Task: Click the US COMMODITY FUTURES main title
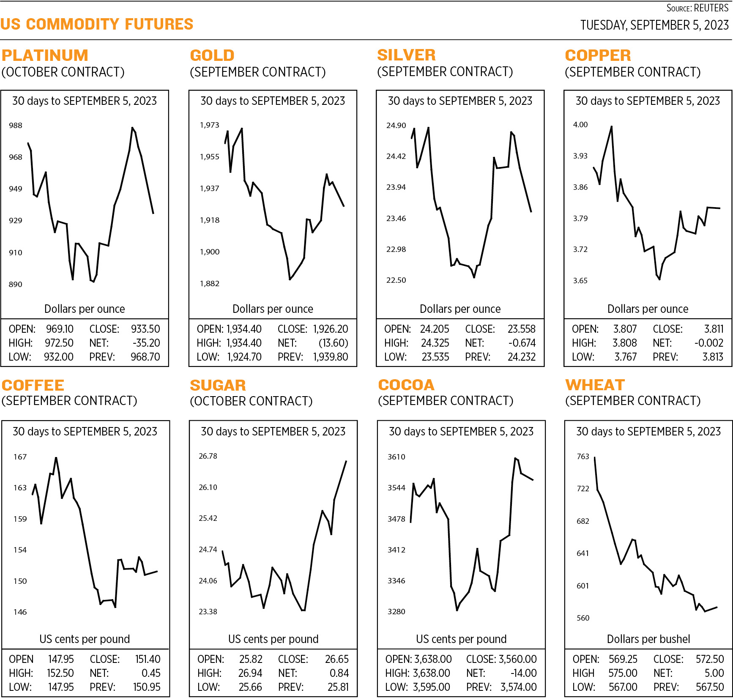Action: coord(97,24)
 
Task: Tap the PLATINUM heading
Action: coord(45,55)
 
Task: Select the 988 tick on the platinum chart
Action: coord(16,126)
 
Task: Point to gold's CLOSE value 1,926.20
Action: coord(330,329)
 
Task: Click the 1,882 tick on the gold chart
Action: coord(209,284)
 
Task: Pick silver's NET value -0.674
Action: coord(522,343)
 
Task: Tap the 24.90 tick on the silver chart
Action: coord(396,126)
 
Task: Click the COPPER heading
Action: coord(598,55)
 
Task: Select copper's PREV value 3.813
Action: coord(713,357)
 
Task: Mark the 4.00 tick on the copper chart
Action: coord(580,125)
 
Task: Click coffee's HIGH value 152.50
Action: coord(60,673)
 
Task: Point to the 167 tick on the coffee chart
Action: coord(20,457)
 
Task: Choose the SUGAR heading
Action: coord(218,385)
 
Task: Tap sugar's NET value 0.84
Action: coord(339,673)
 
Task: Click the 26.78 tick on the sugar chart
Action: coord(208,456)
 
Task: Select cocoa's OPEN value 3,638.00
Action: coord(432,659)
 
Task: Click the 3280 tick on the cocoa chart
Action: coord(396,612)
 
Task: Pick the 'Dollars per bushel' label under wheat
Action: coord(648,639)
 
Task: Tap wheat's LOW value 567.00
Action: coord(623,687)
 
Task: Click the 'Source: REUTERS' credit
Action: coord(697,8)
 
